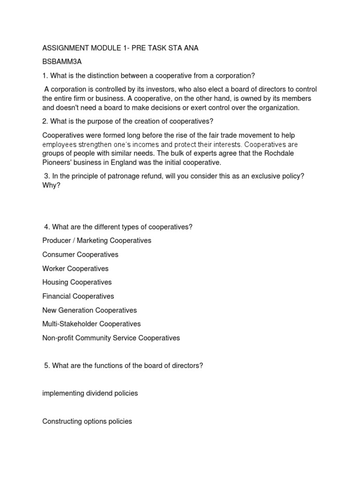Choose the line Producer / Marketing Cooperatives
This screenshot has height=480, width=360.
coord(97,240)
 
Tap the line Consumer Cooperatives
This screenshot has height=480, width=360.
coord(80,255)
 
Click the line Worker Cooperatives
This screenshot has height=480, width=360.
coord(75,269)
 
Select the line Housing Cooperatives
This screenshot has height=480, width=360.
coord(77,282)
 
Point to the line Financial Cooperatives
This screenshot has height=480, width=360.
coord(78,296)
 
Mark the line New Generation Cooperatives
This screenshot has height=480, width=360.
coord(89,310)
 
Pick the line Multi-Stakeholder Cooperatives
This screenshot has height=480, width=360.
coord(91,324)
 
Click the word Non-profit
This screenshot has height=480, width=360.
coord(57,338)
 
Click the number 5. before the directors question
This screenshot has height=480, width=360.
coord(47,366)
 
